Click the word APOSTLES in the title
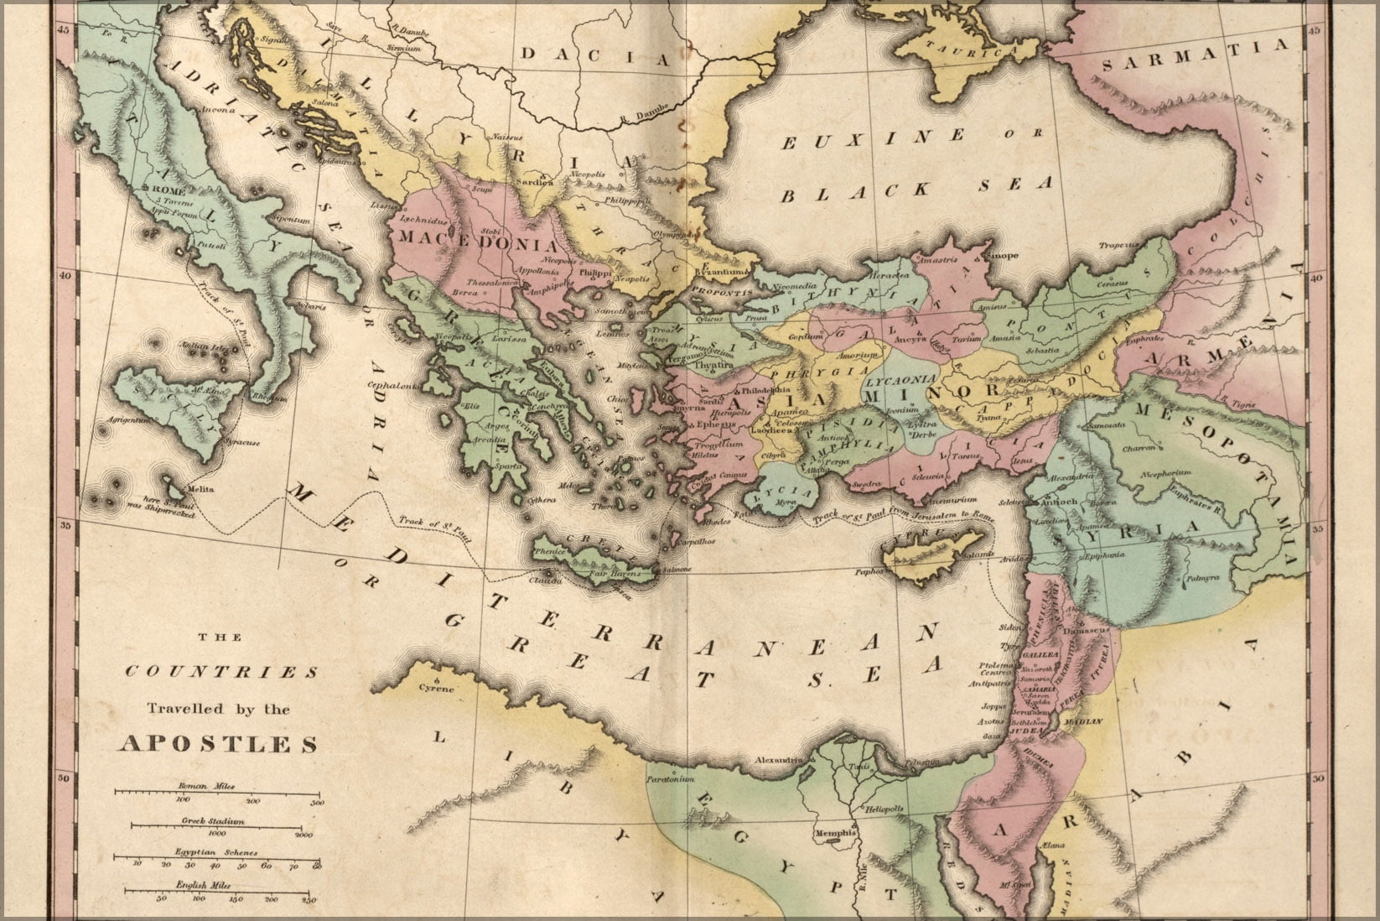pos(220,744)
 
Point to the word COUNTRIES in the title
pos(220,673)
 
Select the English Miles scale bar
pos(216,892)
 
